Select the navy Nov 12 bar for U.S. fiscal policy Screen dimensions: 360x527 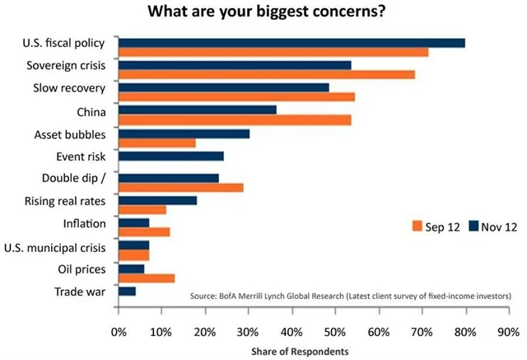(291, 42)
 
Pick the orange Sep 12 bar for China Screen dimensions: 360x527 (235, 119)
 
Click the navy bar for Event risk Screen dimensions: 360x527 (171, 155)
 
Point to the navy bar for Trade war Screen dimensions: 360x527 (127, 291)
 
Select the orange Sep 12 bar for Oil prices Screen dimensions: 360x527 (147, 278)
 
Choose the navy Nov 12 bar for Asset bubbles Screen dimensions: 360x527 (184, 133)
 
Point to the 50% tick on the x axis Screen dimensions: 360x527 (335, 333)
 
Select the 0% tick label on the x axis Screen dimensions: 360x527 (119, 333)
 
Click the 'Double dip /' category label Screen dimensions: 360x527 (76, 178)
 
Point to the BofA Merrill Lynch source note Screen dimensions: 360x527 (350, 295)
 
